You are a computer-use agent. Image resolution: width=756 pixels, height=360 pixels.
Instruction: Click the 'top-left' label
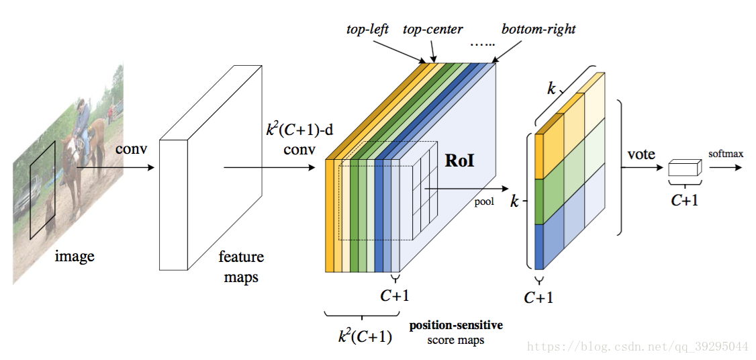click(367, 29)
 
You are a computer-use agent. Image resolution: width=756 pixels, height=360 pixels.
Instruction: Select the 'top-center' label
click(432, 29)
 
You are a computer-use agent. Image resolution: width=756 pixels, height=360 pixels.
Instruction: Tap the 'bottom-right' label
click(538, 29)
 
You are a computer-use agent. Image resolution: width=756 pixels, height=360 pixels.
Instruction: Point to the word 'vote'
click(641, 154)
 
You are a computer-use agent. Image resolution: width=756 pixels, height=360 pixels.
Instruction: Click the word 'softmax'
click(726, 154)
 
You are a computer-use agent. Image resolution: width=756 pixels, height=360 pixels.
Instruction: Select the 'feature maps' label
click(241, 267)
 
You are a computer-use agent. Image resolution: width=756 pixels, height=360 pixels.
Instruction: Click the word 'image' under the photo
click(74, 256)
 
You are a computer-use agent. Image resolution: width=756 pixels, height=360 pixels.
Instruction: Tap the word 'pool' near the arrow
click(484, 200)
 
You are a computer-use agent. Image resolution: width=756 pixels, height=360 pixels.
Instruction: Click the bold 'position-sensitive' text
click(456, 326)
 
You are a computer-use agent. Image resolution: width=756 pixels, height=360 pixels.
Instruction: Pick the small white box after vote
click(684, 169)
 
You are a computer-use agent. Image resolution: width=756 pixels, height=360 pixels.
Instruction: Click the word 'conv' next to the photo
click(130, 148)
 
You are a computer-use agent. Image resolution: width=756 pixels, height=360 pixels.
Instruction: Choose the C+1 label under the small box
click(684, 199)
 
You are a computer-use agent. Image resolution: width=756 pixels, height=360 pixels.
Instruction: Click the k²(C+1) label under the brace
click(365, 336)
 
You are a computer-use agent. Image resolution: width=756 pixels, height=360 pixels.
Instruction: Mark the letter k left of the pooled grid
click(515, 201)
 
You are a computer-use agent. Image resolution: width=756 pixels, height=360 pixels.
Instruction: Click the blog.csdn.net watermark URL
click(638, 347)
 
